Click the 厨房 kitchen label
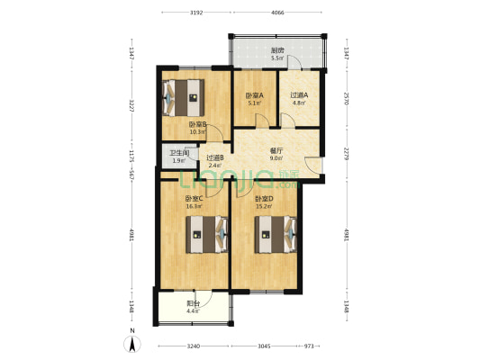click(x=278, y=50)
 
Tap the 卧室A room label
click(x=256, y=95)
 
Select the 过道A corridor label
click(x=299, y=95)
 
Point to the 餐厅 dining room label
click(x=277, y=150)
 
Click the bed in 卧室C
click(x=204, y=238)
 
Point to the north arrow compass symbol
click(x=132, y=343)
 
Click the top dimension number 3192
click(x=196, y=13)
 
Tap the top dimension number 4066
click(x=277, y=13)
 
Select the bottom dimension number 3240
click(x=193, y=346)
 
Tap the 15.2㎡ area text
click(x=263, y=206)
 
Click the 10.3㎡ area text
click(x=198, y=132)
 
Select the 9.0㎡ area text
click(x=277, y=159)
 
